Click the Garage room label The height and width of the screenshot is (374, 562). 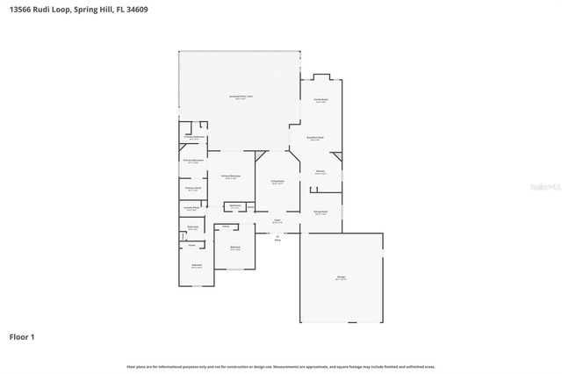tap(341, 277)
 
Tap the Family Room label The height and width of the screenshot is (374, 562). tap(321, 100)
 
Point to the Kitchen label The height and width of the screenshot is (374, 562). tap(321, 171)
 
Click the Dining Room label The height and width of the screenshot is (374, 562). tap(321, 212)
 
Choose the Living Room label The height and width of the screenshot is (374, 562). tap(277, 181)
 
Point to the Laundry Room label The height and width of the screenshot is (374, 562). tap(192, 208)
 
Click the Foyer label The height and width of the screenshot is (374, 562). tap(277, 220)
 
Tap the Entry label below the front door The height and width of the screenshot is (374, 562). tap(277, 238)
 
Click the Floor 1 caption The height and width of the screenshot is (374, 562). tap(22, 336)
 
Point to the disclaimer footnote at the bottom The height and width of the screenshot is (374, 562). tap(280, 365)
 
